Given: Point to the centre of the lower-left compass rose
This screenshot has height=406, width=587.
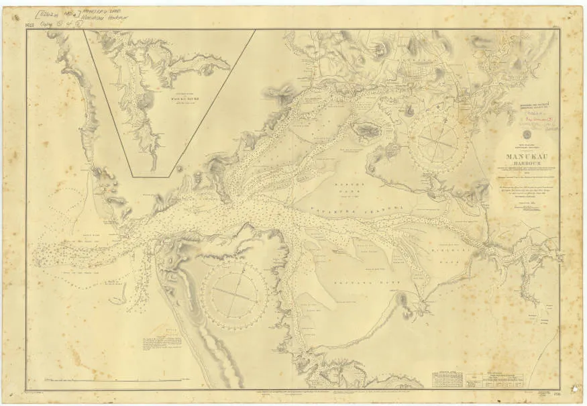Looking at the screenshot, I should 235,293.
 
